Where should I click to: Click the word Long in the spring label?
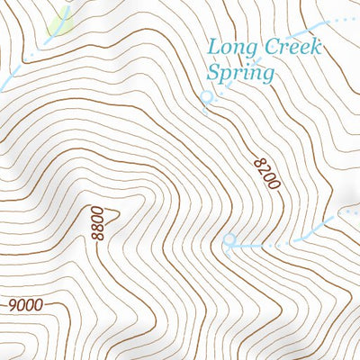click(x=229, y=47)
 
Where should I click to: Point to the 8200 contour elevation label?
click(x=267, y=172)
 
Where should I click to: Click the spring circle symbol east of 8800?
click(x=229, y=241)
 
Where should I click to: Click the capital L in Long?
click(x=214, y=46)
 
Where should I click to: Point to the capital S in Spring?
click(x=214, y=71)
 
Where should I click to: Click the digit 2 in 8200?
click(x=265, y=166)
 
